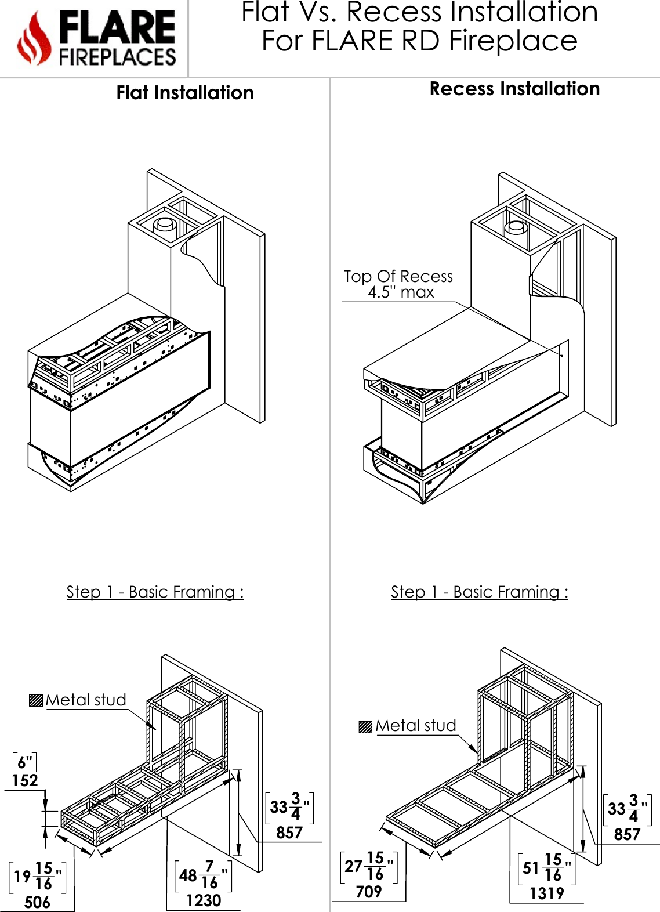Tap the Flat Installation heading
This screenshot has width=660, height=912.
185,93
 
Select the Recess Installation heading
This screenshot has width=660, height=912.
514,89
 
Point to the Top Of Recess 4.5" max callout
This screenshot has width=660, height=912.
398,284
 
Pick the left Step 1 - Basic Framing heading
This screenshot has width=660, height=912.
155,592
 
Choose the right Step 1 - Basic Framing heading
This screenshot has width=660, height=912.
479,592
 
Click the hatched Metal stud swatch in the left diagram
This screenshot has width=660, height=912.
36,700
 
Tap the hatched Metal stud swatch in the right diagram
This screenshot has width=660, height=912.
365,726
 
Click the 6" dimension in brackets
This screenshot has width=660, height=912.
24,762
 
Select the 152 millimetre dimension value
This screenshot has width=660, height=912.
25,781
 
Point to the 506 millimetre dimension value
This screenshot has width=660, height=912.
37,902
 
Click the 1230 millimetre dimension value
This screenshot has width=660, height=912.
204,900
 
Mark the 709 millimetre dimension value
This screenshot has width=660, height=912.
369,892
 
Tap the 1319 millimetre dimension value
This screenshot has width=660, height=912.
546,893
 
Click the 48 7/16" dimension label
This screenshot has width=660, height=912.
203,875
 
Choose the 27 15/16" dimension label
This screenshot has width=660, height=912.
369,866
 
